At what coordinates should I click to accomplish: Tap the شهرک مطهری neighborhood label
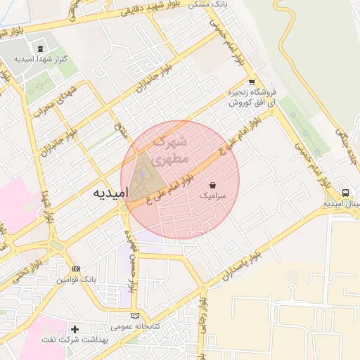[x=171, y=150]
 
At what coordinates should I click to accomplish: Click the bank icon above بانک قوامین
[x=77, y=269]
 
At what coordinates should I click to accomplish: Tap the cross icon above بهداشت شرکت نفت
[x=75, y=328]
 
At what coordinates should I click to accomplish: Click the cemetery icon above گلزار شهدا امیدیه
[x=40, y=49]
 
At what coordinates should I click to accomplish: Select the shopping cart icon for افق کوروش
[x=251, y=82]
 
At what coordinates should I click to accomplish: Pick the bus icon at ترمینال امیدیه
[x=345, y=193]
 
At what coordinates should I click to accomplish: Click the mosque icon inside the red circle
[x=143, y=174]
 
